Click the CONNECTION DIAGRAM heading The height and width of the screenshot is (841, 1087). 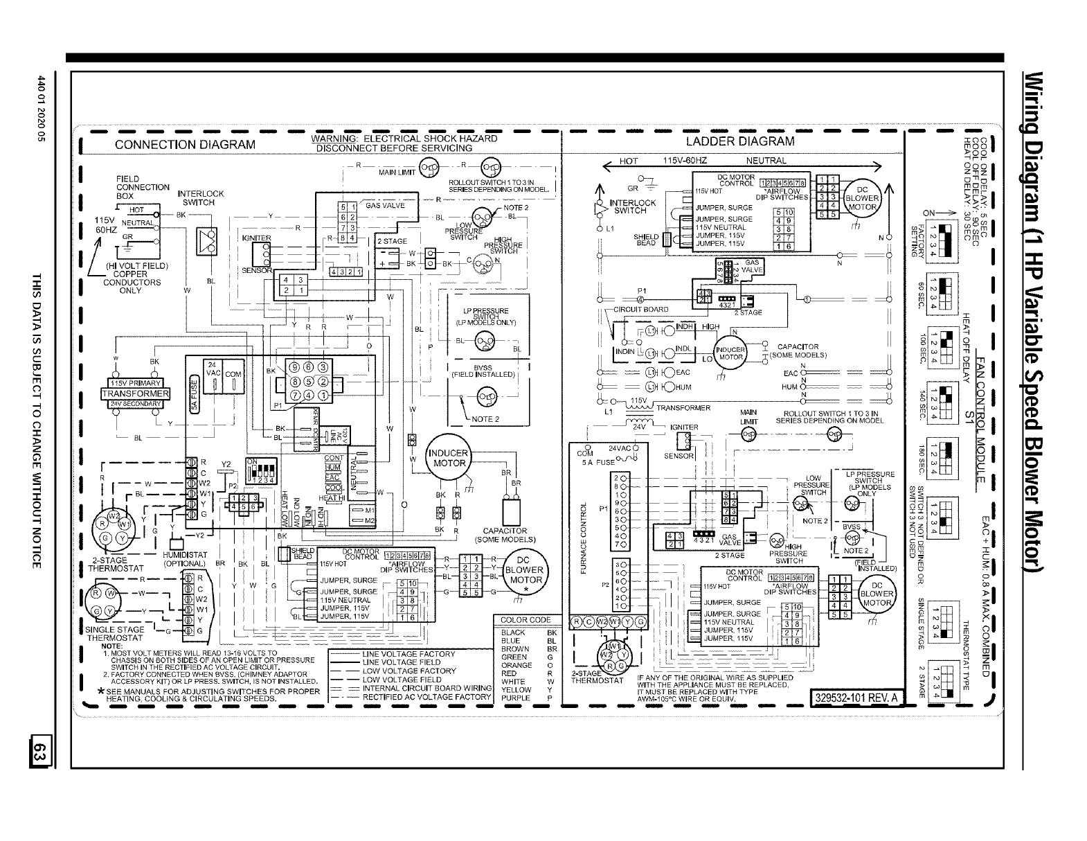click(185, 145)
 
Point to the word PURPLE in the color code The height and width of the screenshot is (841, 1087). click(515, 698)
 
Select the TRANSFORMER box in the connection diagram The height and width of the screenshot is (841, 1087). click(136, 394)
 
